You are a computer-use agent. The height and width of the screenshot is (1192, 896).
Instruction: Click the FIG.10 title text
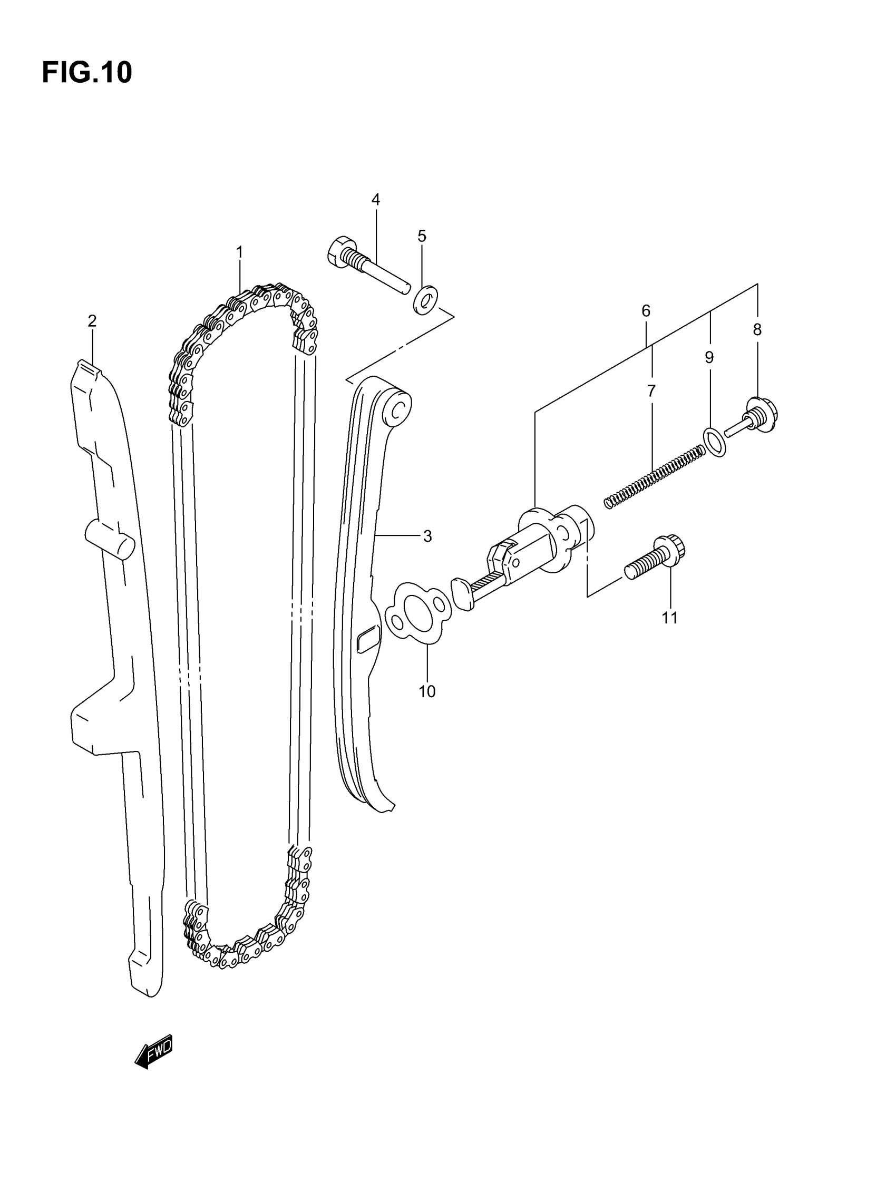pyautogui.click(x=87, y=72)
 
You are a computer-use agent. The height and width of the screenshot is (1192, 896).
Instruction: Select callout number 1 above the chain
pyautogui.click(x=239, y=252)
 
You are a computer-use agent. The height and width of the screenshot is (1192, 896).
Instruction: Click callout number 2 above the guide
pyautogui.click(x=92, y=321)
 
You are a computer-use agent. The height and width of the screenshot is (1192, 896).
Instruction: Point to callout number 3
pyautogui.click(x=427, y=536)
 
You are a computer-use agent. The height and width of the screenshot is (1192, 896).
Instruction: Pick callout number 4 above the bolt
pyautogui.click(x=375, y=200)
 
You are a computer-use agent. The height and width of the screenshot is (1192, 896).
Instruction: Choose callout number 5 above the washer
pyautogui.click(x=422, y=236)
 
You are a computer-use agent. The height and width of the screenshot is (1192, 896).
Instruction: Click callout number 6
pyautogui.click(x=646, y=311)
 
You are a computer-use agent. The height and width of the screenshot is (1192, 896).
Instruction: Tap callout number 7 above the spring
pyautogui.click(x=651, y=391)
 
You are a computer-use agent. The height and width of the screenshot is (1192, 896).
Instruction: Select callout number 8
pyautogui.click(x=757, y=330)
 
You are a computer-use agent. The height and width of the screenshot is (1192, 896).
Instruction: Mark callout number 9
pyautogui.click(x=709, y=357)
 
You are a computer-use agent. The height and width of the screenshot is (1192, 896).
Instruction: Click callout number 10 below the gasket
pyautogui.click(x=427, y=691)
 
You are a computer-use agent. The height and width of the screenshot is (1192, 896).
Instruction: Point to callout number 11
pyautogui.click(x=669, y=618)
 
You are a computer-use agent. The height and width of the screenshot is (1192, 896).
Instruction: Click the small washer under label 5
pyautogui.click(x=426, y=300)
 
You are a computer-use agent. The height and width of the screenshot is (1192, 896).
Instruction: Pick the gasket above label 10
pyautogui.click(x=418, y=613)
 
